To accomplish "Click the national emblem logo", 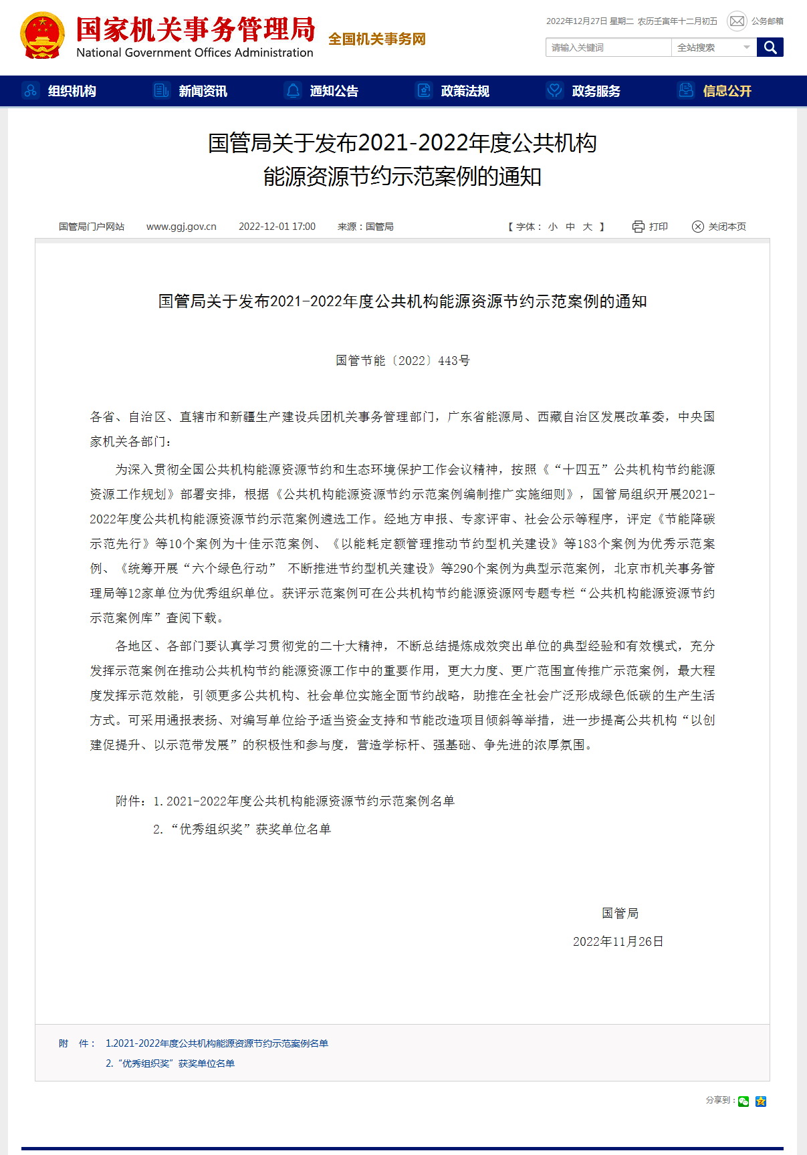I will pos(43,36).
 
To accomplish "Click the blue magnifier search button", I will pos(770,47).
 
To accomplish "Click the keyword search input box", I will pos(608,47).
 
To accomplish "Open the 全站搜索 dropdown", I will pos(713,47).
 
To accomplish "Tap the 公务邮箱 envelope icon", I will pos(737,21).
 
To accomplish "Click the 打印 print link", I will pos(651,227).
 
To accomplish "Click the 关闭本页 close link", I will pos(719,227).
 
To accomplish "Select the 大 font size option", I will pos(588,227).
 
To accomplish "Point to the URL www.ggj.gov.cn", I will pos(181,227).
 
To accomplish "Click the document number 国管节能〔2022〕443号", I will pos(402,361).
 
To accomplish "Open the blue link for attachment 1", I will pos(217,1043).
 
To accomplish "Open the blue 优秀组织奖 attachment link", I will pos(170,1063).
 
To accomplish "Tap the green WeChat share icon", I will pos(743,1102).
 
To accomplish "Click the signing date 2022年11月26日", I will pos(618,942).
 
